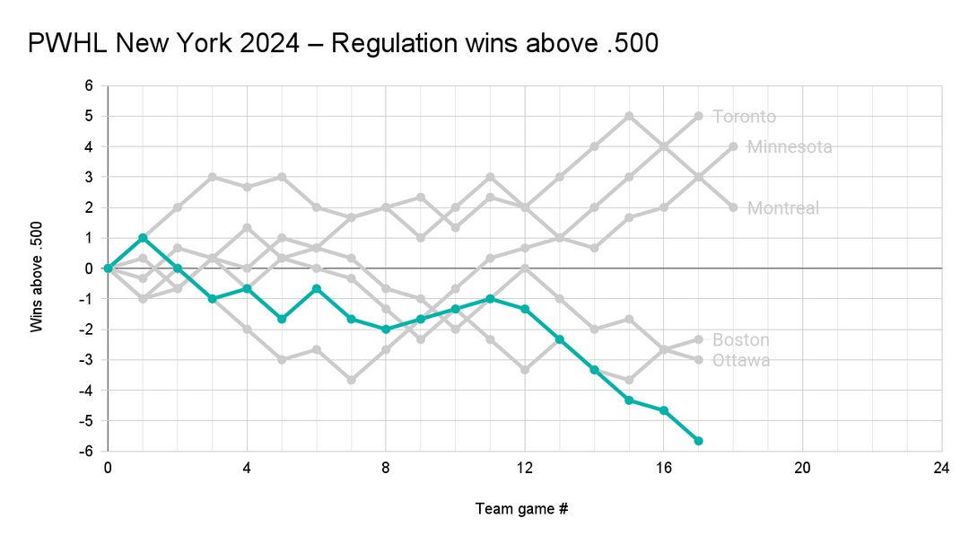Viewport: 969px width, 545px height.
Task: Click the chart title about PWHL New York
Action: point(344,43)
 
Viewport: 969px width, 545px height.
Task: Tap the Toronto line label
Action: point(744,116)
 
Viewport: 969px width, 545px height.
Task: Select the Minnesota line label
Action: point(790,146)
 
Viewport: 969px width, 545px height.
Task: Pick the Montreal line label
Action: point(783,207)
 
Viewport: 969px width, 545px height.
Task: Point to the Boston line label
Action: point(740,339)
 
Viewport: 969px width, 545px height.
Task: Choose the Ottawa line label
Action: point(740,360)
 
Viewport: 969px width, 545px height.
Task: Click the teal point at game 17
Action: point(698,441)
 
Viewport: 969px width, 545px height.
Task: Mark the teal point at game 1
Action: point(143,238)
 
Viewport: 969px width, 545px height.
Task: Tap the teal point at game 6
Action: point(316,288)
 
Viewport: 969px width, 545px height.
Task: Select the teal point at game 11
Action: point(490,299)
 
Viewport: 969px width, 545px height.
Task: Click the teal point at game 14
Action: point(594,370)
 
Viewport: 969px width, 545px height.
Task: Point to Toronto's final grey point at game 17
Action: point(698,116)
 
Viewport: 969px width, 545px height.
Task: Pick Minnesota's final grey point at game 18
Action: point(733,146)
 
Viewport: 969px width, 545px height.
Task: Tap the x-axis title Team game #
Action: point(521,509)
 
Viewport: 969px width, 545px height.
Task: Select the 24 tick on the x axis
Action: point(941,468)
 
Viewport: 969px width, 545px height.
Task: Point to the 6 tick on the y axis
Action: point(89,85)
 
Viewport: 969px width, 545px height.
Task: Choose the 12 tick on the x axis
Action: point(525,468)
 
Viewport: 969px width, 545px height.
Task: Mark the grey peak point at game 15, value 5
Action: point(629,116)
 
